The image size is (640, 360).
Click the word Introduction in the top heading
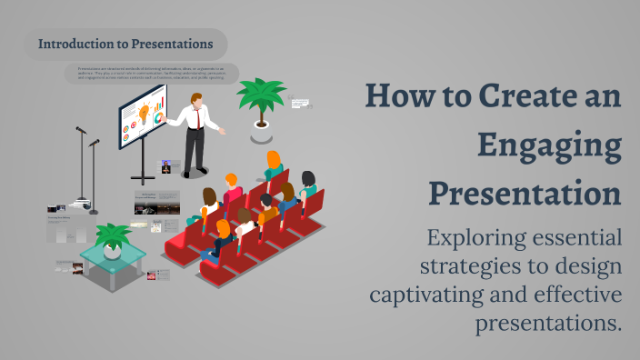[x=75, y=43]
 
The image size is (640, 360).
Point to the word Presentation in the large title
[x=525, y=194]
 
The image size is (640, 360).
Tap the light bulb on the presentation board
[x=144, y=113]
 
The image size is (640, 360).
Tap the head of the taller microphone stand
[x=80, y=129]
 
